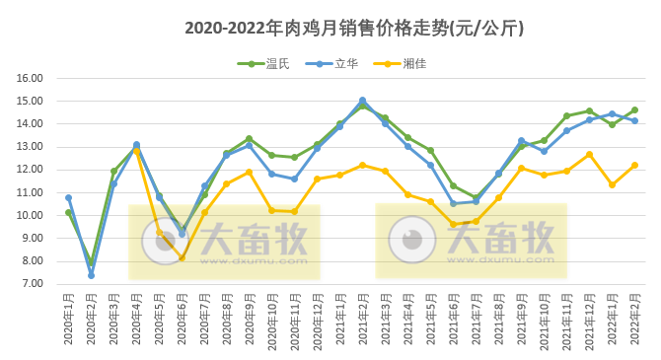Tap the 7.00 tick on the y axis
[x=32, y=284]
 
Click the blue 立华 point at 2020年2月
[x=91, y=275]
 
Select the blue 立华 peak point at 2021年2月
[x=362, y=101]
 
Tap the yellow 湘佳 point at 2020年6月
[x=182, y=257]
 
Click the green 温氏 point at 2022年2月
[x=634, y=110]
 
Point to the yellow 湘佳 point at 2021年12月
[x=589, y=154]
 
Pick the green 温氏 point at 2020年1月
[x=68, y=212]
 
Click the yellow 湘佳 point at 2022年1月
[x=612, y=184]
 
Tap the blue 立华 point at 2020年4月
[x=136, y=145]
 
